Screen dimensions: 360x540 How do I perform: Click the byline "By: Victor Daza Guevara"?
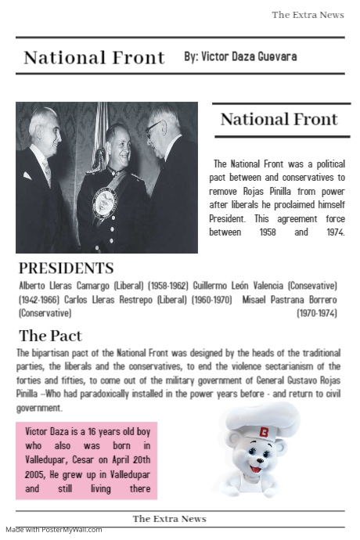click(240, 56)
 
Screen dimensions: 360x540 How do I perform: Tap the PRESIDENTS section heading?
click(66, 268)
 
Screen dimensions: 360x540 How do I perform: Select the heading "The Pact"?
click(50, 336)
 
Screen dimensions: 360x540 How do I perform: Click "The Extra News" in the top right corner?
click(308, 15)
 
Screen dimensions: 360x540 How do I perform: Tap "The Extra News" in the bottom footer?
click(169, 519)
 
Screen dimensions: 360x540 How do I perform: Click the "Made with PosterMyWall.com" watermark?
click(54, 530)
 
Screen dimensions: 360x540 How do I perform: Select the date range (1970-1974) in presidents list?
click(317, 313)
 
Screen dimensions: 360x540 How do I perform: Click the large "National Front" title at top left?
click(94, 57)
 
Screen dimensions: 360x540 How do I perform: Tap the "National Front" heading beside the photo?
click(279, 120)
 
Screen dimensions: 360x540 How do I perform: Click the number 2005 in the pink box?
click(36, 475)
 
